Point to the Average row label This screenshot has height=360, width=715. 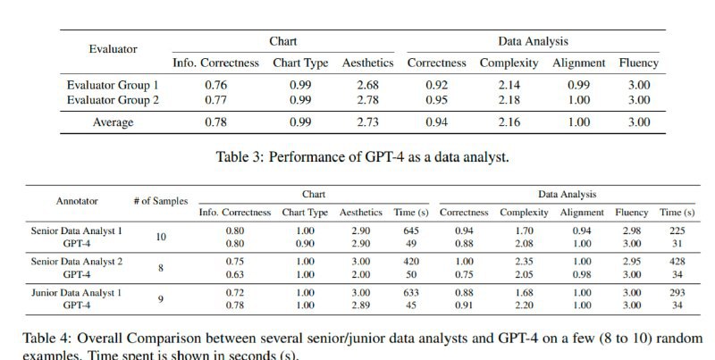coord(113,121)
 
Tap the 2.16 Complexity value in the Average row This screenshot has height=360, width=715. coord(509,121)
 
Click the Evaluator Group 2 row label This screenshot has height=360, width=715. coord(113,100)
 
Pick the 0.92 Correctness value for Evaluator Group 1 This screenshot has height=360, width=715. coord(436,86)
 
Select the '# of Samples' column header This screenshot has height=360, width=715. coord(161,202)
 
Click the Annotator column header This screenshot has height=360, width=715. coord(77,202)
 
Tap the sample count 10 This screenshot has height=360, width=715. coord(161,238)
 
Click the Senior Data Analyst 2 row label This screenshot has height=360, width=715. coord(77,261)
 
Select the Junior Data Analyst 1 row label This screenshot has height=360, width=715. coord(77,292)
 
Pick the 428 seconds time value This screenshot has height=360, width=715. coord(677,261)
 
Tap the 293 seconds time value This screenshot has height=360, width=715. coord(677,292)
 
